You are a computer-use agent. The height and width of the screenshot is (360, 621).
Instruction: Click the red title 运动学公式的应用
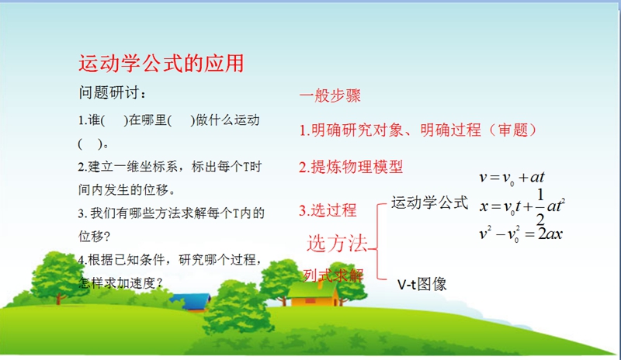point(161,64)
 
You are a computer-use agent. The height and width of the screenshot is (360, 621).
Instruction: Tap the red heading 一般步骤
point(330,95)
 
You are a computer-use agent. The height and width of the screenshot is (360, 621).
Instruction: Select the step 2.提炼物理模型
point(351,167)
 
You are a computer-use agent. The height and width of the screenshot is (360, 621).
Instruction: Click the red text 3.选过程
point(328,210)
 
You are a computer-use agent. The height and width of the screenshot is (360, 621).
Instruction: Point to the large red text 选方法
point(338,243)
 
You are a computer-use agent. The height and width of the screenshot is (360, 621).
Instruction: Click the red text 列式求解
point(333,275)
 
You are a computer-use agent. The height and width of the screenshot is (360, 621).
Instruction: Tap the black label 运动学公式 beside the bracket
point(430,202)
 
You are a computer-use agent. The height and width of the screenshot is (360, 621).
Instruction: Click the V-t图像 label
point(422,284)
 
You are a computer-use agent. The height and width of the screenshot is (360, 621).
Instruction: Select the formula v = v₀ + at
point(512,177)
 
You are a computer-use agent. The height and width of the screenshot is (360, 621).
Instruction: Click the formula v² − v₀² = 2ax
point(520,234)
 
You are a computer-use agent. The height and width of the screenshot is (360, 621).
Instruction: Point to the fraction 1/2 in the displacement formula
point(540,206)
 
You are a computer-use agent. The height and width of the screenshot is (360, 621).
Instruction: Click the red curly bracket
point(377,241)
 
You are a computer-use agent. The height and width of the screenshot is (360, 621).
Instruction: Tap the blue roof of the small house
point(191,300)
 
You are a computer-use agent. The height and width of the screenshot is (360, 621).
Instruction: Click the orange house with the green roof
point(313,293)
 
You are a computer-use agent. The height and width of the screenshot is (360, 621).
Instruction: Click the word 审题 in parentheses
point(513,130)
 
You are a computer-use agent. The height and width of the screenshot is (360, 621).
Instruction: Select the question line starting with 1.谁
point(168,120)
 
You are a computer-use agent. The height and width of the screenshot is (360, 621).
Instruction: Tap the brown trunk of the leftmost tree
point(59,297)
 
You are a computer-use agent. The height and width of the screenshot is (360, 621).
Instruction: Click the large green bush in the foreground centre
point(238,308)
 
